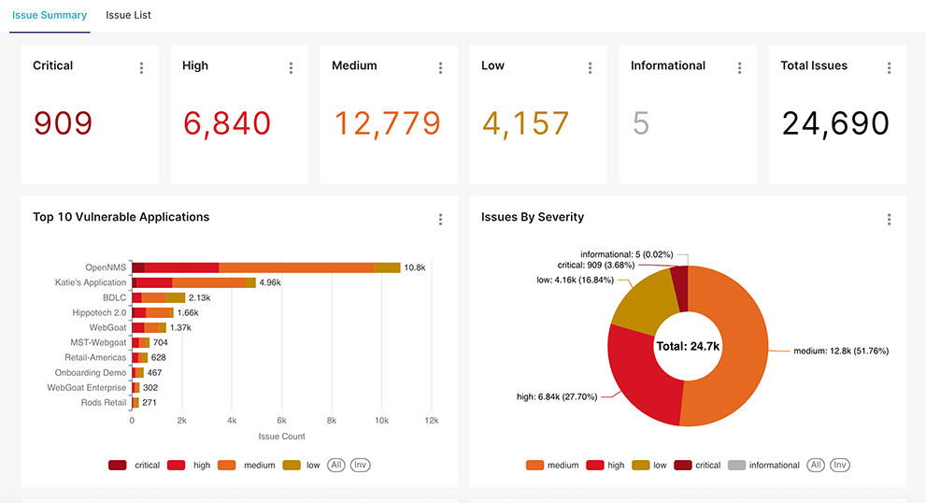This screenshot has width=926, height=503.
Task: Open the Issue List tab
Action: pos(128,15)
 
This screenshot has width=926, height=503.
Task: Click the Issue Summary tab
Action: pos(50,15)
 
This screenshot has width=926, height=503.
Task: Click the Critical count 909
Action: pos(63,123)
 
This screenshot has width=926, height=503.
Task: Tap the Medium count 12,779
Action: pos(387,123)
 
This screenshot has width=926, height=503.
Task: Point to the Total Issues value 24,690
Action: pos(835,123)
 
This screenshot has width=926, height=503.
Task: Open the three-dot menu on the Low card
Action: pos(590,67)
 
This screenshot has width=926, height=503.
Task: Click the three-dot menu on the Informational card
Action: pos(739,67)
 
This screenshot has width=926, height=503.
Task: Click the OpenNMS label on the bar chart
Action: pos(106,267)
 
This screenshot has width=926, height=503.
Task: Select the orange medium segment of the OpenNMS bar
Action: pos(296,267)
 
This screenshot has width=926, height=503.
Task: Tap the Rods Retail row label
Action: pos(103,402)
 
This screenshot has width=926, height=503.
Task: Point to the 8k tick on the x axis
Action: pos(332,421)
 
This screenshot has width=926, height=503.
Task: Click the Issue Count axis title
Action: pos(281,437)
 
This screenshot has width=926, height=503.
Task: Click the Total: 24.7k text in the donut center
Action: pos(688,346)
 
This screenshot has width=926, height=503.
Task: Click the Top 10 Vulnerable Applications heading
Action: pos(121,217)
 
